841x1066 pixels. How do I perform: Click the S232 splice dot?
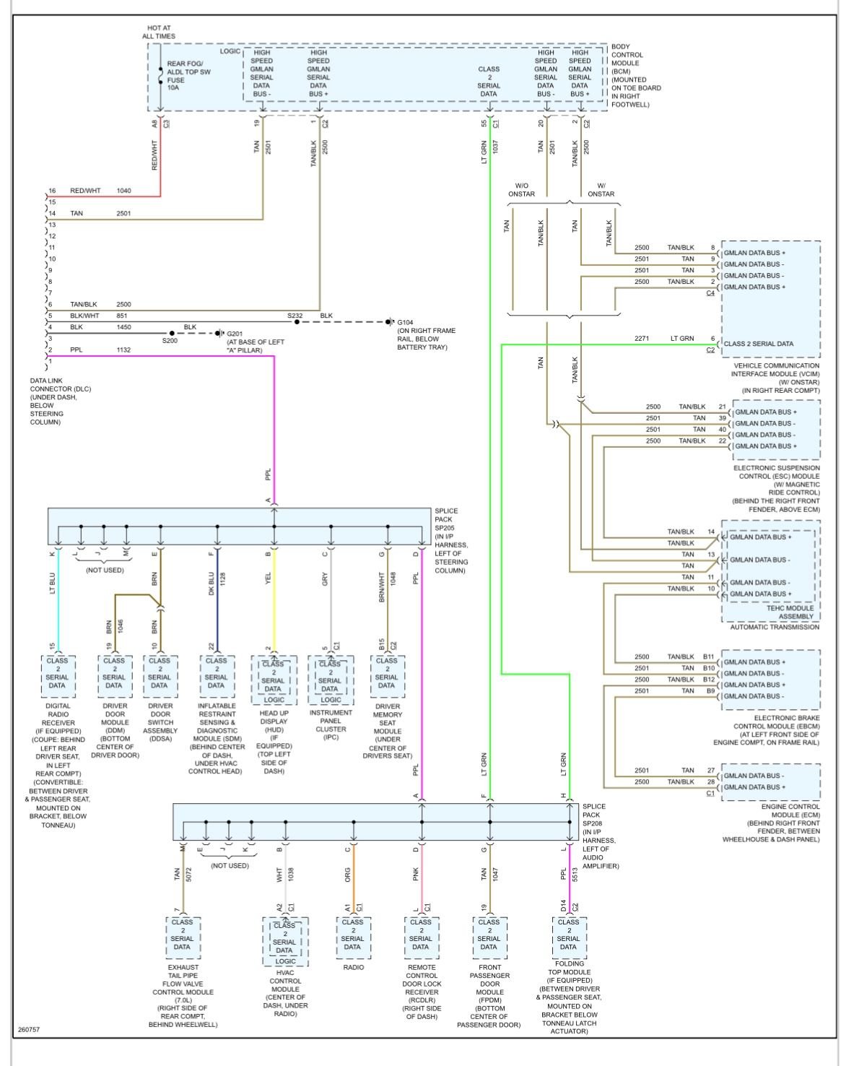297,322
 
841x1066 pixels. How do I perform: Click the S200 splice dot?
172,334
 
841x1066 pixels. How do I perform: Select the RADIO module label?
353,968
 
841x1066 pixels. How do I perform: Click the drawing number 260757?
29,1029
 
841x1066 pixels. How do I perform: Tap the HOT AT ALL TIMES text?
159,32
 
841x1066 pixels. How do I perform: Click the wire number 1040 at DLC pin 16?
124,191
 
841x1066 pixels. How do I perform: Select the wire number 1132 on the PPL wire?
124,350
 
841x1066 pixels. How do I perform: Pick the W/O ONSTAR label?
521,190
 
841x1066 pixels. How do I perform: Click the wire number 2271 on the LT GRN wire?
642,338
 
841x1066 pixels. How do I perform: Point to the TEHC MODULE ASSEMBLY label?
790,612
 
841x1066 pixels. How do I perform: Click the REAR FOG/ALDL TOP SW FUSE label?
188,76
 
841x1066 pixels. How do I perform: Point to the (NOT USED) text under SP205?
105,570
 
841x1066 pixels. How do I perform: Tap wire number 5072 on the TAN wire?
188,875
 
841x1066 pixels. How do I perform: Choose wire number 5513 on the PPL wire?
575,875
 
